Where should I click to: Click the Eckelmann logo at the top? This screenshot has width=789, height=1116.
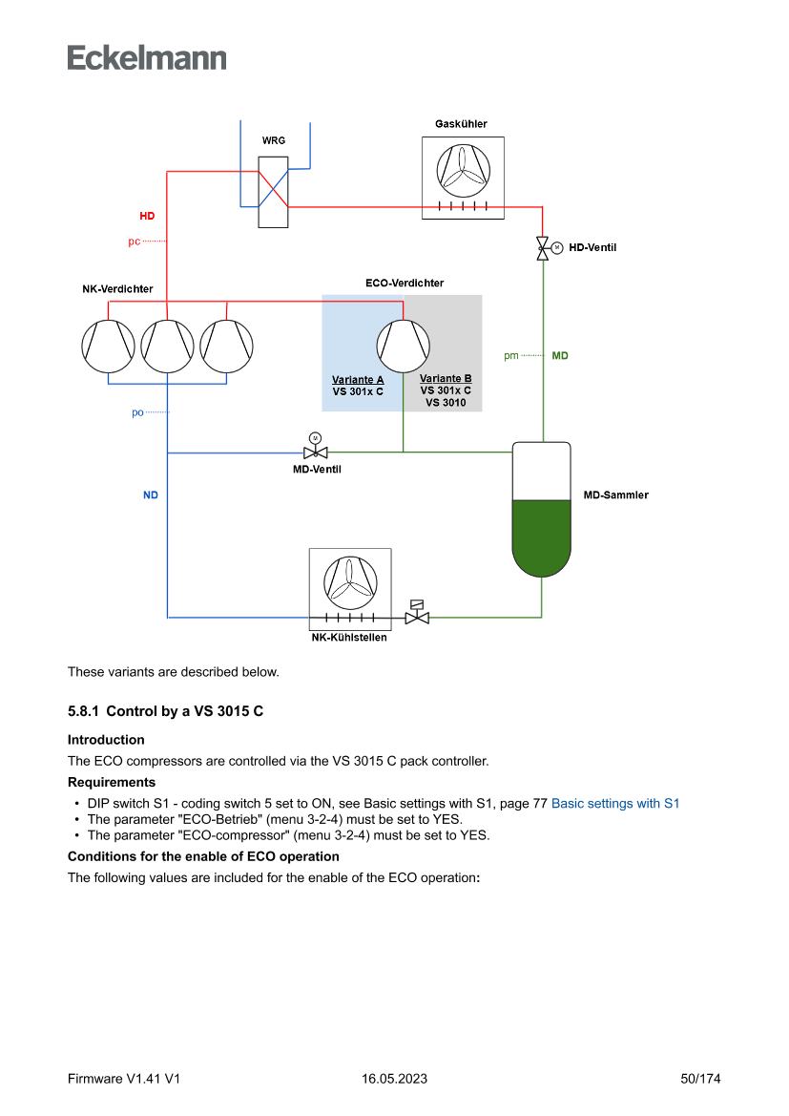tap(147, 57)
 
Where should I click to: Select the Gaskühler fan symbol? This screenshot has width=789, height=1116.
tap(464, 170)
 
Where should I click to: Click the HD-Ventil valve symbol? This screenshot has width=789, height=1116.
tap(543, 247)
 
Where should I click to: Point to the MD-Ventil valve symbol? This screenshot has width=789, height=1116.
tap(315, 452)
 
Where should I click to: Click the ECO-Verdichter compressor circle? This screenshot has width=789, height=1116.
tap(403, 346)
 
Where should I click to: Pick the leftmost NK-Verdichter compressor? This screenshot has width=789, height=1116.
tap(109, 346)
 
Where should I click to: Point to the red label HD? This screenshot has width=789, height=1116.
tap(147, 216)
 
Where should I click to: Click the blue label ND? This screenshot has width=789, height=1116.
tap(151, 495)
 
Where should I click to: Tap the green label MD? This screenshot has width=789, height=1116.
tap(560, 355)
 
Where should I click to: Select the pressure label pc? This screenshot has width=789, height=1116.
tap(135, 242)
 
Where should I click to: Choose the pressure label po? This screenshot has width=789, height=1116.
tap(137, 412)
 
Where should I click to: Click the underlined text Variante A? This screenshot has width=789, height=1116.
tap(358, 380)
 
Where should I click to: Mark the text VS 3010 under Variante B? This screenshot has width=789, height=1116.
tap(446, 403)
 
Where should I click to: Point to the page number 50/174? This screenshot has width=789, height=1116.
tap(700, 1079)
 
